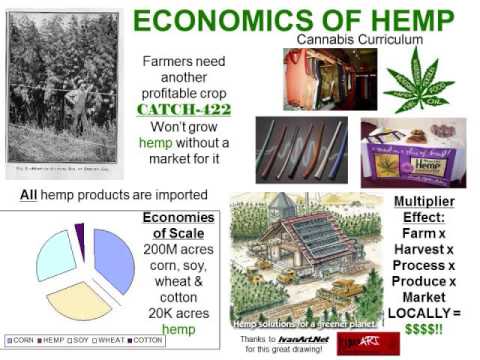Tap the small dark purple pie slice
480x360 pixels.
[80, 235]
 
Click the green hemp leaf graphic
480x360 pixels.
[419, 78]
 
